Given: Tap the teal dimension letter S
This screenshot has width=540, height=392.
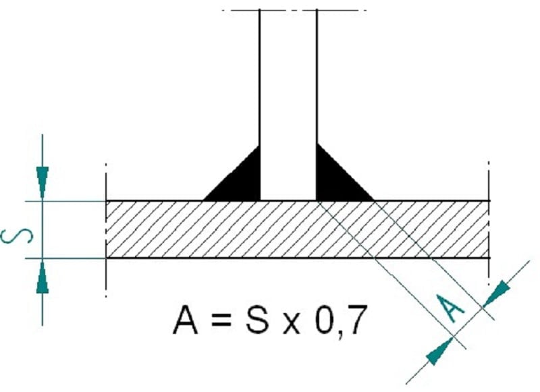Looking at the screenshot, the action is point(18,235).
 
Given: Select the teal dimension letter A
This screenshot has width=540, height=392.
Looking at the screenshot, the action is point(450,308).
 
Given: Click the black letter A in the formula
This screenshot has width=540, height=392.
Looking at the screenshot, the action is point(185,320).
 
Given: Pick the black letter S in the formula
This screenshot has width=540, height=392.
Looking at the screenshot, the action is point(257,320).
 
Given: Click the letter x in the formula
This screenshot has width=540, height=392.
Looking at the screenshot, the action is point(292,324).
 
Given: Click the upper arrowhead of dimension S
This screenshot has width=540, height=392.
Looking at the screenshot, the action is point(43,182).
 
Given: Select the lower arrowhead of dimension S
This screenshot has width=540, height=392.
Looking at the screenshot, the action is point(43,277).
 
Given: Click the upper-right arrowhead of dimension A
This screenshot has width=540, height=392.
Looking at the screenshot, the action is point(496,293).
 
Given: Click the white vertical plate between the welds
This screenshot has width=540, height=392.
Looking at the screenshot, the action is point(288,103).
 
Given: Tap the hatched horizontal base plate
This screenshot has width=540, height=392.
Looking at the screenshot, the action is point(298,229).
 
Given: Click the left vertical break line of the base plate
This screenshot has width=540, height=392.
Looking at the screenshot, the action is point(106,230).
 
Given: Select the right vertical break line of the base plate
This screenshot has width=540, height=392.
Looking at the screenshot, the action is point(489,223).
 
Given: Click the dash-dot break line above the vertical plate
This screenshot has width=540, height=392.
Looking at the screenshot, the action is point(294,10).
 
